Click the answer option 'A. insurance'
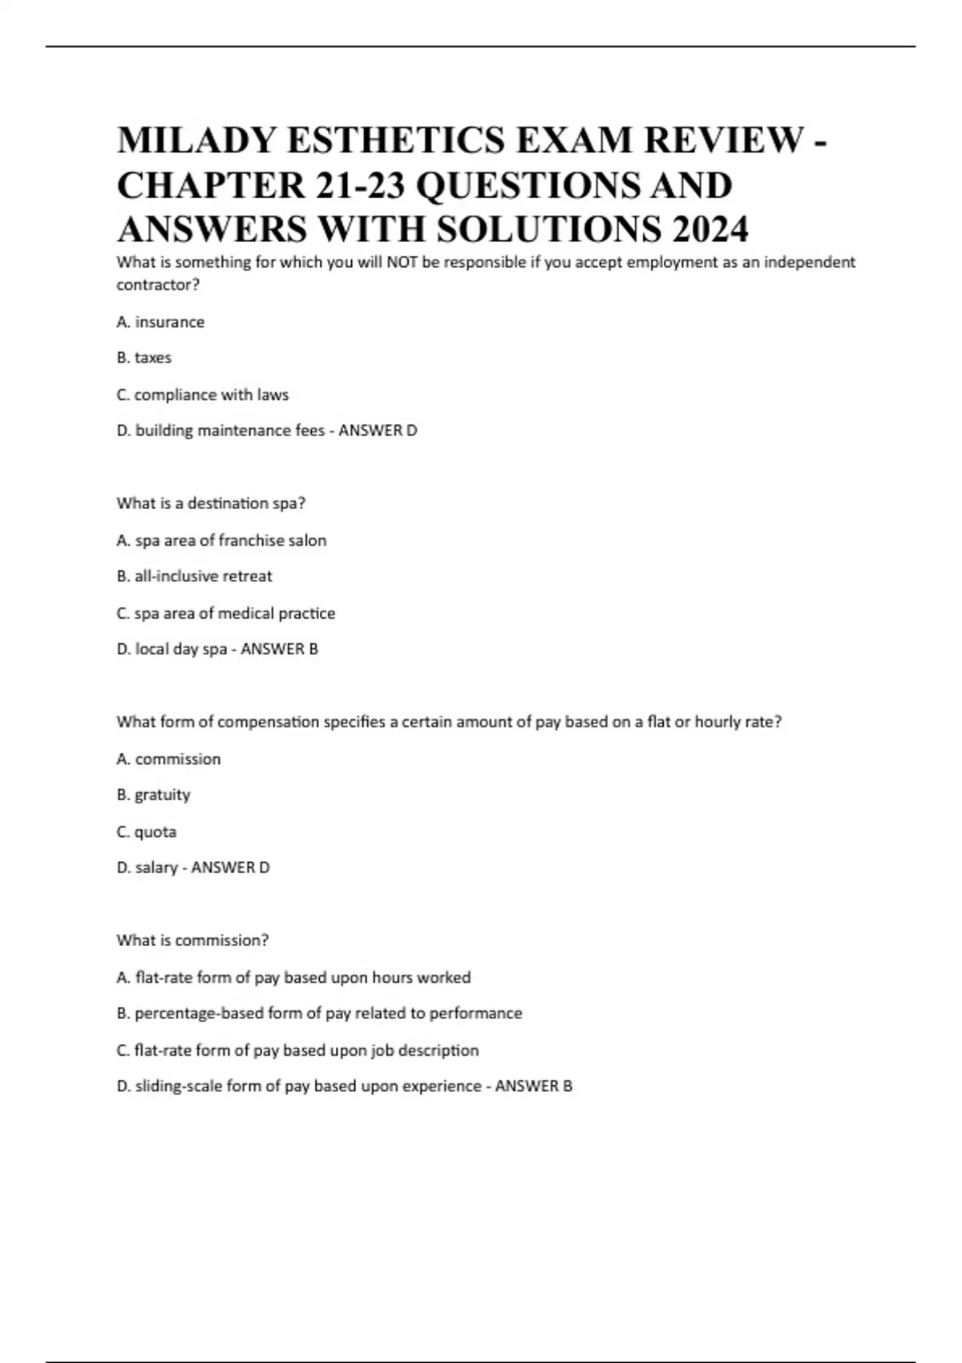[x=160, y=322]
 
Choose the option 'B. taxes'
[x=144, y=358]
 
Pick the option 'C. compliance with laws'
[x=203, y=394]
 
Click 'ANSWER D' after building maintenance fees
[x=378, y=431]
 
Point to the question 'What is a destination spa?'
[x=211, y=504]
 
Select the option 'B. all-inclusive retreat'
[x=195, y=576]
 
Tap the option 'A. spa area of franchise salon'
[x=221, y=540]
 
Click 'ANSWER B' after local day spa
[x=279, y=649]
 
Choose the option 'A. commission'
[x=168, y=759]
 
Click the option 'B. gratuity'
[x=153, y=795]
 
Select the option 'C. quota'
[x=147, y=831]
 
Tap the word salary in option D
[x=156, y=868]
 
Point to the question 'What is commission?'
[x=192, y=940]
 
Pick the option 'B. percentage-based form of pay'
[x=319, y=1013]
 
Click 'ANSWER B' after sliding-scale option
[x=533, y=1086]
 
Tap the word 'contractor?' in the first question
[x=158, y=285]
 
